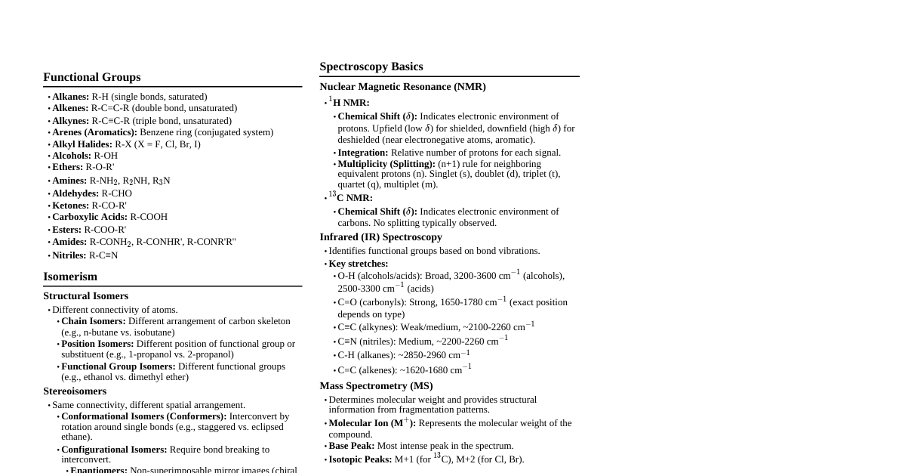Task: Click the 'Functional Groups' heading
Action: coord(91,77)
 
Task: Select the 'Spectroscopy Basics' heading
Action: coord(371,66)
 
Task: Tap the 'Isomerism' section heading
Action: coord(70,277)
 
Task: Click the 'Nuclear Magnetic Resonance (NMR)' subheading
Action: coord(402,87)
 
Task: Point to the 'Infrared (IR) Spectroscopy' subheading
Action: coord(380,237)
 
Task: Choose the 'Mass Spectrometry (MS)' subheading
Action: coord(376,386)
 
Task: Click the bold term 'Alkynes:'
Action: coord(71,121)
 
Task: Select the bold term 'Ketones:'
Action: coord(70,206)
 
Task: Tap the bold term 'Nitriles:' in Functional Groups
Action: coord(69,255)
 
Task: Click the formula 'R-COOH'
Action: coord(149,217)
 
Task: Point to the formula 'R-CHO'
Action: coord(116,193)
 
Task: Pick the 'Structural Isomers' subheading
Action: coord(85,296)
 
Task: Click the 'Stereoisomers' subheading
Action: coord(75,391)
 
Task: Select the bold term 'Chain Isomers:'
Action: coord(94,321)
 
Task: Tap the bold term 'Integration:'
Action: coord(362,153)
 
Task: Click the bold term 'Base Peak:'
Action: coord(351,446)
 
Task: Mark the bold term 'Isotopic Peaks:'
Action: coord(360,459)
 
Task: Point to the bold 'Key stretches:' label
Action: coord(358,264)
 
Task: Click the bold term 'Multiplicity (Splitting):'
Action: coord(386,164)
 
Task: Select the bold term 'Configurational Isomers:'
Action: coord(114,450)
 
